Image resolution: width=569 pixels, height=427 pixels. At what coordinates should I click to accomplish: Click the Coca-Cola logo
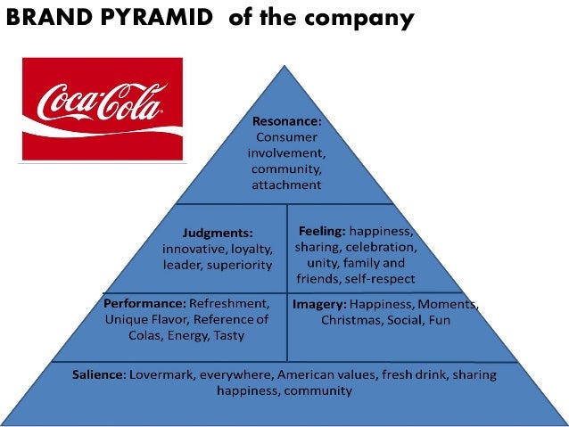click(102, 109)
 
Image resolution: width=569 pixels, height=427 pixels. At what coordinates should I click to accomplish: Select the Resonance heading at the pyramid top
click(285, 121)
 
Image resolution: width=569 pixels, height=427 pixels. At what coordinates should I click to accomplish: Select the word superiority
click(239, 264)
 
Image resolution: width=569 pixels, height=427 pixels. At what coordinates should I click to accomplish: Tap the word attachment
click(286, 185)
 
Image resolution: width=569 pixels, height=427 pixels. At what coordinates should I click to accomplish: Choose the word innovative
click(193, 248)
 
